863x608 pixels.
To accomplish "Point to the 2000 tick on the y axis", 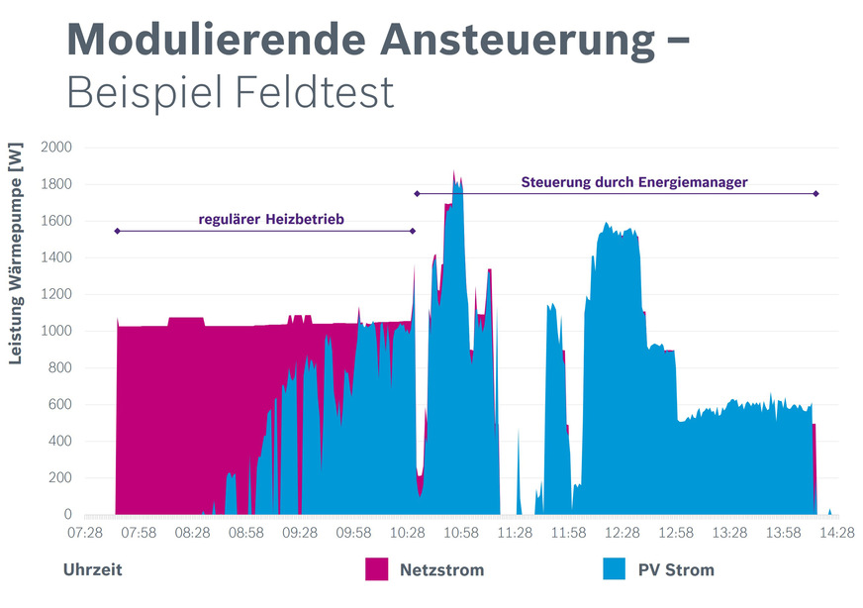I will pos(56,148).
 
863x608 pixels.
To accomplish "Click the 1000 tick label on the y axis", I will pos(56,332).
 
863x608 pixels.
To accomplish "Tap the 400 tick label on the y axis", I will pos(60,442).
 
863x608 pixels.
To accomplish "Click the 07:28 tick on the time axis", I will pos(84,533).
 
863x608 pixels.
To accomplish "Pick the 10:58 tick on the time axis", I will pos(460,533).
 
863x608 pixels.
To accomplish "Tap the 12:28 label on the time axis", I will pos(622,533).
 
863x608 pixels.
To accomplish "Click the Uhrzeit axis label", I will pos(93,570).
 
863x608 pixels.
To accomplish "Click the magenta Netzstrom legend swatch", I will pos(377,569).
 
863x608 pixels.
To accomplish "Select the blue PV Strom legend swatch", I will pos(614,569).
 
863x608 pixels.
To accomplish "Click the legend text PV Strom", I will pos(676,570).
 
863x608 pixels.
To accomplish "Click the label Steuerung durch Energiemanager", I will pos(633,182).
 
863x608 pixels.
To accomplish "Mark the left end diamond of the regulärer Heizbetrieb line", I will pos(117,231).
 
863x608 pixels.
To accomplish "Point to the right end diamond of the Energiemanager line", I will pos(816,194).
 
